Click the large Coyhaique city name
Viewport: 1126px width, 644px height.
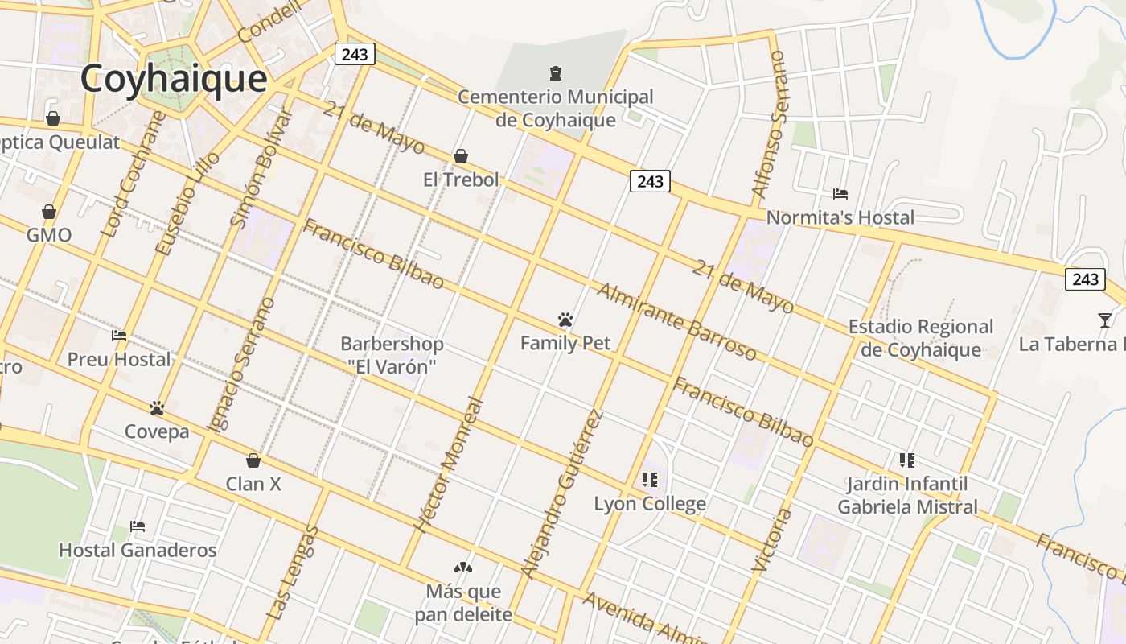coord(173,79)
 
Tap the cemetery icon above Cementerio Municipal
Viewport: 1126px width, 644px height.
coord(555,74)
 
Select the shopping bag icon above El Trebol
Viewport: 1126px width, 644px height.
coord(461,156)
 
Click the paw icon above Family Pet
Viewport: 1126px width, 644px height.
coord(565,320)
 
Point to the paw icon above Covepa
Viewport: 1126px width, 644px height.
coord(157,408)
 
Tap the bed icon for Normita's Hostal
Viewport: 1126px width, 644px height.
coord(840,194)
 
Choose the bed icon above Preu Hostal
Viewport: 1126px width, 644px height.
coord(119,336)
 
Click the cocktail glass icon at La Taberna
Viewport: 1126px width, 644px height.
coord(1105,320)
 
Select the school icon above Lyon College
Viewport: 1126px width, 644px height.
coord(650,481)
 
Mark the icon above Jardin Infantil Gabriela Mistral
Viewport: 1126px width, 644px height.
coord(907,460)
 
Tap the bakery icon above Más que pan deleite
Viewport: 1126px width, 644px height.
coord(463,568)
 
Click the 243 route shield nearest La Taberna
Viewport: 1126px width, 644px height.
coord(1085,279)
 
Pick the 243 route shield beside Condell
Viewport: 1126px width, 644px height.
coord(354,54)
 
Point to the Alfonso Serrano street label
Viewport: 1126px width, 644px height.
coord(769,125)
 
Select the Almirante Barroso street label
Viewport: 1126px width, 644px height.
coord(676,321)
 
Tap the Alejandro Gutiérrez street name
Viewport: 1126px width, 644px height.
coord(561,494)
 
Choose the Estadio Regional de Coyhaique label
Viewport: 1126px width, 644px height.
coord(921,338)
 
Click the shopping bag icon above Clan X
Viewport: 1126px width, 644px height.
coord(253,460)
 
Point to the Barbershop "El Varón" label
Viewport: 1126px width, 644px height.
coord(392,355)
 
